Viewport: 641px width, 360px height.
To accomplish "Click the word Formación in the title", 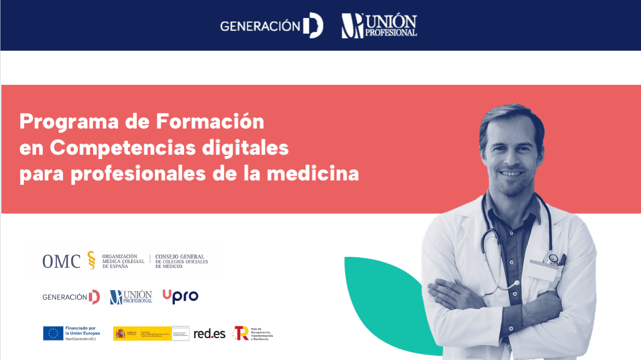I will point(210,122).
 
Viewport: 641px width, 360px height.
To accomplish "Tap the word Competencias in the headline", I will point(122,148).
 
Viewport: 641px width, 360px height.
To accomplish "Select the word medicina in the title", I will point(313,174).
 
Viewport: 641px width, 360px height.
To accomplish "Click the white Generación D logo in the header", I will point(272,26).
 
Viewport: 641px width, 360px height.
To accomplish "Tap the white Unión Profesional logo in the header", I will point(379,26).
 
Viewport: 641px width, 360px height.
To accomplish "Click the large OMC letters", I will point(61,262).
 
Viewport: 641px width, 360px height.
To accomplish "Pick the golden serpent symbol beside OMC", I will point(91,260).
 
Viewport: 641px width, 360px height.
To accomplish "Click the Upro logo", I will point(180,297).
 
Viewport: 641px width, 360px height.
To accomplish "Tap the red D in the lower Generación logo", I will point(94,297).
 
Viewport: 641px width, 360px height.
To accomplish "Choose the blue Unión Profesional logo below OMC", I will point(131,297).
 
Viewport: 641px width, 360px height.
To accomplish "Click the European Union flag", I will point(53,333).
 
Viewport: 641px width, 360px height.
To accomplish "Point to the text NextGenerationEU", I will point(80,339).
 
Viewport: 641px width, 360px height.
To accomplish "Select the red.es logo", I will point(209,334).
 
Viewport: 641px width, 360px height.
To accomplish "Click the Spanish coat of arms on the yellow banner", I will point(120,334).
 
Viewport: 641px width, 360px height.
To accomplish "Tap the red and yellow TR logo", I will point(241,333).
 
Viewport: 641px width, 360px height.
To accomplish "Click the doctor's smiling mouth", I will point(512,172).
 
